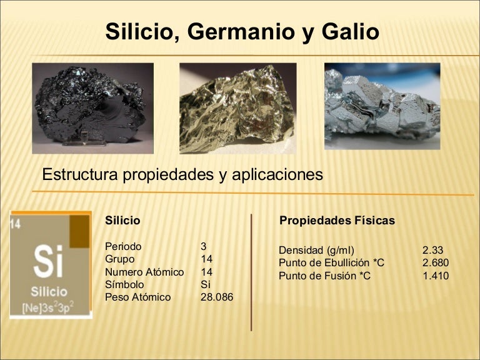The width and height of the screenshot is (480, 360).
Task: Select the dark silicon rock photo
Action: (x=92, y=107)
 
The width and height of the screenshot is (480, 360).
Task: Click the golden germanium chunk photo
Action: (x=237, y=107)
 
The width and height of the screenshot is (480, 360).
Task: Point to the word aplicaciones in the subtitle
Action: (x=277, y=174)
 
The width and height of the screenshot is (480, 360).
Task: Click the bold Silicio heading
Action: (x=122, y=221)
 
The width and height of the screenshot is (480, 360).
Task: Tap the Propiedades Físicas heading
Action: (x=337, y=221)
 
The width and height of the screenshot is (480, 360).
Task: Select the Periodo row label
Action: (x=123, y=246)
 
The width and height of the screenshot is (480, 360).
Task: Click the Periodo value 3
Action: (x=204, y=246)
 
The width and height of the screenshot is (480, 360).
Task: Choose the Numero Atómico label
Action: (x=144, y=272)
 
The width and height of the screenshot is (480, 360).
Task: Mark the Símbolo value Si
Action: (x=206, y=284)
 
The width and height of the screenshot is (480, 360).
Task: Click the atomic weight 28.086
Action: (x=217, y=297)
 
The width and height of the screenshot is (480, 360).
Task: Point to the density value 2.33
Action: (x=432, y=251)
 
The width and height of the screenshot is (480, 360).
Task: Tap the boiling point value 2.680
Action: (x=436, y=263)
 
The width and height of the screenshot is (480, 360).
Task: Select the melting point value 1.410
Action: (x=436, y=276)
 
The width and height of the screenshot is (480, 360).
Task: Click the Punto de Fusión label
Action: (x=324, y=276)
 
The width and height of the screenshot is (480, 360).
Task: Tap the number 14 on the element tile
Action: (x=16, y=223)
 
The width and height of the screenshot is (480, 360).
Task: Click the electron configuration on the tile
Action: (x=48, y=307)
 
